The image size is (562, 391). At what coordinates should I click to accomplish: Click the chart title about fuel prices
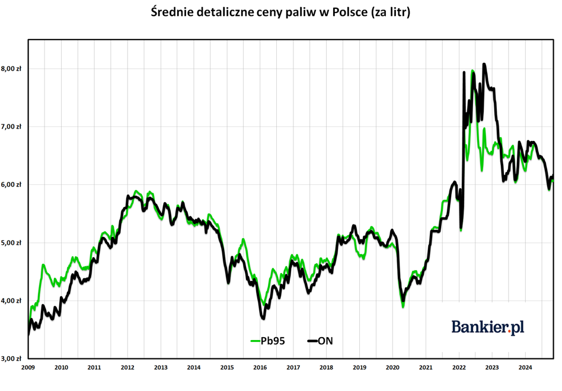pyautogui.click(x=280, y=12)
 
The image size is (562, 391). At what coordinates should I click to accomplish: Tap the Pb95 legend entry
pyautogui.click(x=268, y=341)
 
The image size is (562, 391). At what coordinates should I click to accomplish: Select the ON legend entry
pyautogui.click(x=320, y=341)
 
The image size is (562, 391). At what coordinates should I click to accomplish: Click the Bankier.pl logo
pyautogui.click(x=487, y=327)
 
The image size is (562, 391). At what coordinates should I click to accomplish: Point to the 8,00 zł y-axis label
pyautogui.click(x=11, y=68)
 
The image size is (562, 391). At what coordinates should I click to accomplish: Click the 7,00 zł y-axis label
pyautogui.click(x=11, y=126)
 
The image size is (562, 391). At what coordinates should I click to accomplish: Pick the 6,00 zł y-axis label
pyautogui.click(x=11, y=184)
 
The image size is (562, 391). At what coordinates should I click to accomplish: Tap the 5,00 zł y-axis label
pyautogui.click(x=11, y=242)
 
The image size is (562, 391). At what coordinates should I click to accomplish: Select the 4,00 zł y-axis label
pyautogui.click(x=11, y=300)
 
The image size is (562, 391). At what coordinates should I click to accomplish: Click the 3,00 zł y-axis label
pyautogui.click(x=11, y=358)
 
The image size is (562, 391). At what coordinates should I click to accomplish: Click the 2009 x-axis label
pyautogui.click(x=28, y=367)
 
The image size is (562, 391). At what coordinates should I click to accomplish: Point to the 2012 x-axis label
pyautogui.click(x=127, y=367)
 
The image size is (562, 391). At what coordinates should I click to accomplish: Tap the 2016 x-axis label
pyautogui.click(x=260, y=367)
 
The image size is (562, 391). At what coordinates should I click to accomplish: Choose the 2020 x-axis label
pyautogui.click(x=393, y=367)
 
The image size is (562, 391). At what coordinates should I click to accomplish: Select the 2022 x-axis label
pyautogui.click(x=459, y=367)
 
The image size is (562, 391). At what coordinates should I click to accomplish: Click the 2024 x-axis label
pyautogui.click(x=525, y=367)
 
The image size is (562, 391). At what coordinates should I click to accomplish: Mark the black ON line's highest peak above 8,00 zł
pyautogui.click(x=484, y=64)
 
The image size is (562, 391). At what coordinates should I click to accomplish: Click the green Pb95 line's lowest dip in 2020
pyautogui.click(x=403, y=307)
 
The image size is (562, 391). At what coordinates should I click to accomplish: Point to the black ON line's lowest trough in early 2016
pyautogui.click(x=263, y=318)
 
